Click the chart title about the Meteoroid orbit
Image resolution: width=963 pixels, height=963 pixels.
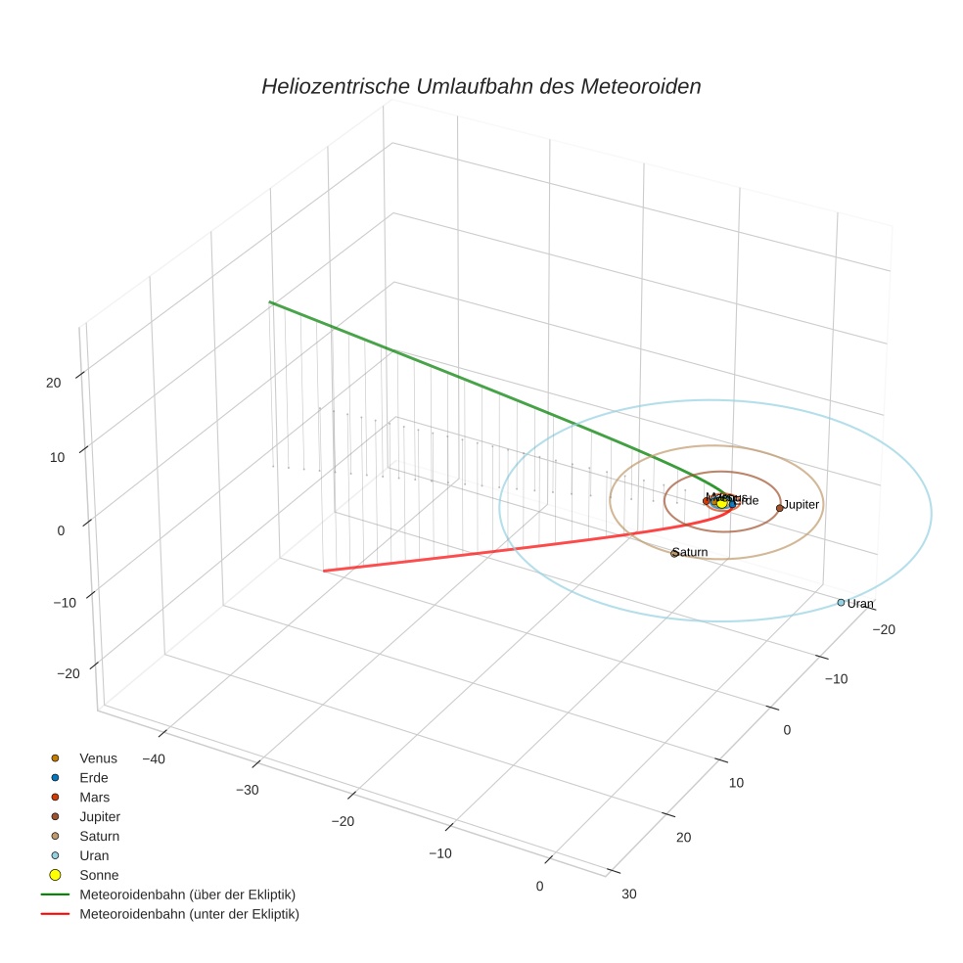(x=481, y=86)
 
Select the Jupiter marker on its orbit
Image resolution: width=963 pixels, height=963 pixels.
(x=780, y=508)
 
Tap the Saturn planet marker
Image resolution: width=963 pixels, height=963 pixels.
(x=674, y=554)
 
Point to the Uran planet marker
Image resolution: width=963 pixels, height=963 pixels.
(x=841, y=603)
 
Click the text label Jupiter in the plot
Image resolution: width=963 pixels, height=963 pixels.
(x=801, y=504)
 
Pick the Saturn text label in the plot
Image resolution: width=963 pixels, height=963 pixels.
(x=691, y=552)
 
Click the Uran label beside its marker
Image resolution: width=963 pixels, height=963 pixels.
(x=860, y=604)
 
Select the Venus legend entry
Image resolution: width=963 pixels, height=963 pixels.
(x=98, y=757)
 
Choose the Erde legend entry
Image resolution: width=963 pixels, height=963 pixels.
(x=93, y=777)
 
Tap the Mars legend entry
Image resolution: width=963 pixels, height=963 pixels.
(x=94, y=797)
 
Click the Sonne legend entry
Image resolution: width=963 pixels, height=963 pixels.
(x=98, y=875)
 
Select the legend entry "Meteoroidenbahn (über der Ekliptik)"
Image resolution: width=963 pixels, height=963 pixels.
(x=187, y=894)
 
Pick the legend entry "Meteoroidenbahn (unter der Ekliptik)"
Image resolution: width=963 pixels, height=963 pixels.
(x=189, y=914)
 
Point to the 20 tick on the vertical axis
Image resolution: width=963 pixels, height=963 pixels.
(x=54, y=383)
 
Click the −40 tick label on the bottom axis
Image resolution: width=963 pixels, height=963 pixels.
(x=153, y=758)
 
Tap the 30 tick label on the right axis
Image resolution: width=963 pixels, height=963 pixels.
(x=628, y=893)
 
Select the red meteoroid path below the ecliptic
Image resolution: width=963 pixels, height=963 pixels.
(x=489, y=551)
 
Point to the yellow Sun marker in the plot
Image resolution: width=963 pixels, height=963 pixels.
(x=722, y=503)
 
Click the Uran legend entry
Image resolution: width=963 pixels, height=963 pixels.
(x=94, y=855)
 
